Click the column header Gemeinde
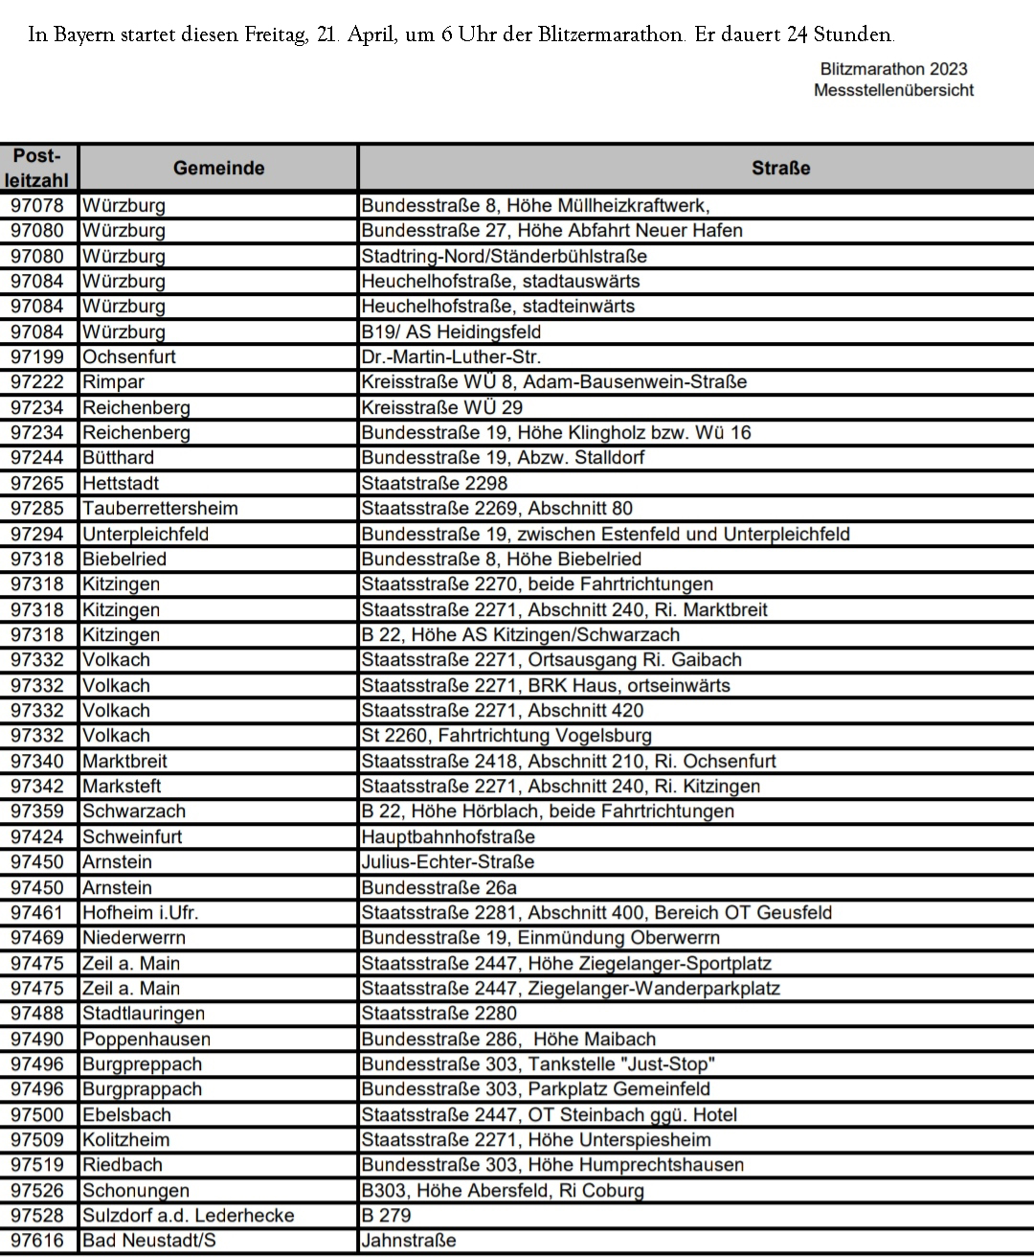[218, 168]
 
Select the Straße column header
[780, 168]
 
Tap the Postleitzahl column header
[37, 168]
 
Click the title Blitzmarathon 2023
[893, 69]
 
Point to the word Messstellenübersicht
[893, 90]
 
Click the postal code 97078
[37, 205]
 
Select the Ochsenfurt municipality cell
[129, 356]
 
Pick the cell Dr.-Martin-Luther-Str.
[451, 356]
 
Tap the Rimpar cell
[113, 381]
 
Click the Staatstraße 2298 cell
[435, 483]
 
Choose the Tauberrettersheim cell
[160, 508]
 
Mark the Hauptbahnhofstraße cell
[448, 836]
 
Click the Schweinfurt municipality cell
[132, 836]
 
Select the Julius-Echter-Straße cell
[447, 861]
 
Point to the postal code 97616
[37, 1240]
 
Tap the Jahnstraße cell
[409, 1240]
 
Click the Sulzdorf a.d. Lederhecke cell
[188, 1215]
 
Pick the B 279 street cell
[386, 1215]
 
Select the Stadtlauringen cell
[144, 1013]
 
